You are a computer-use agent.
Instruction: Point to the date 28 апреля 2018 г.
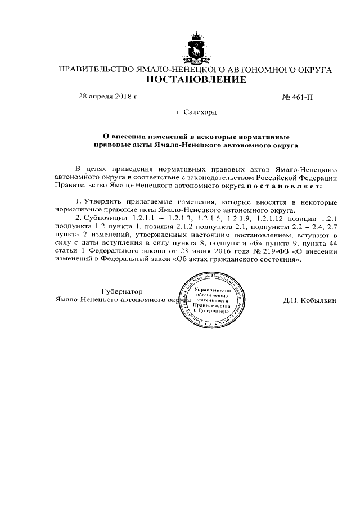109,96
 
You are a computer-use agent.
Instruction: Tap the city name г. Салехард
196,112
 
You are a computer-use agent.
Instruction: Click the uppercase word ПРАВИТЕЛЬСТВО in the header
93,70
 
